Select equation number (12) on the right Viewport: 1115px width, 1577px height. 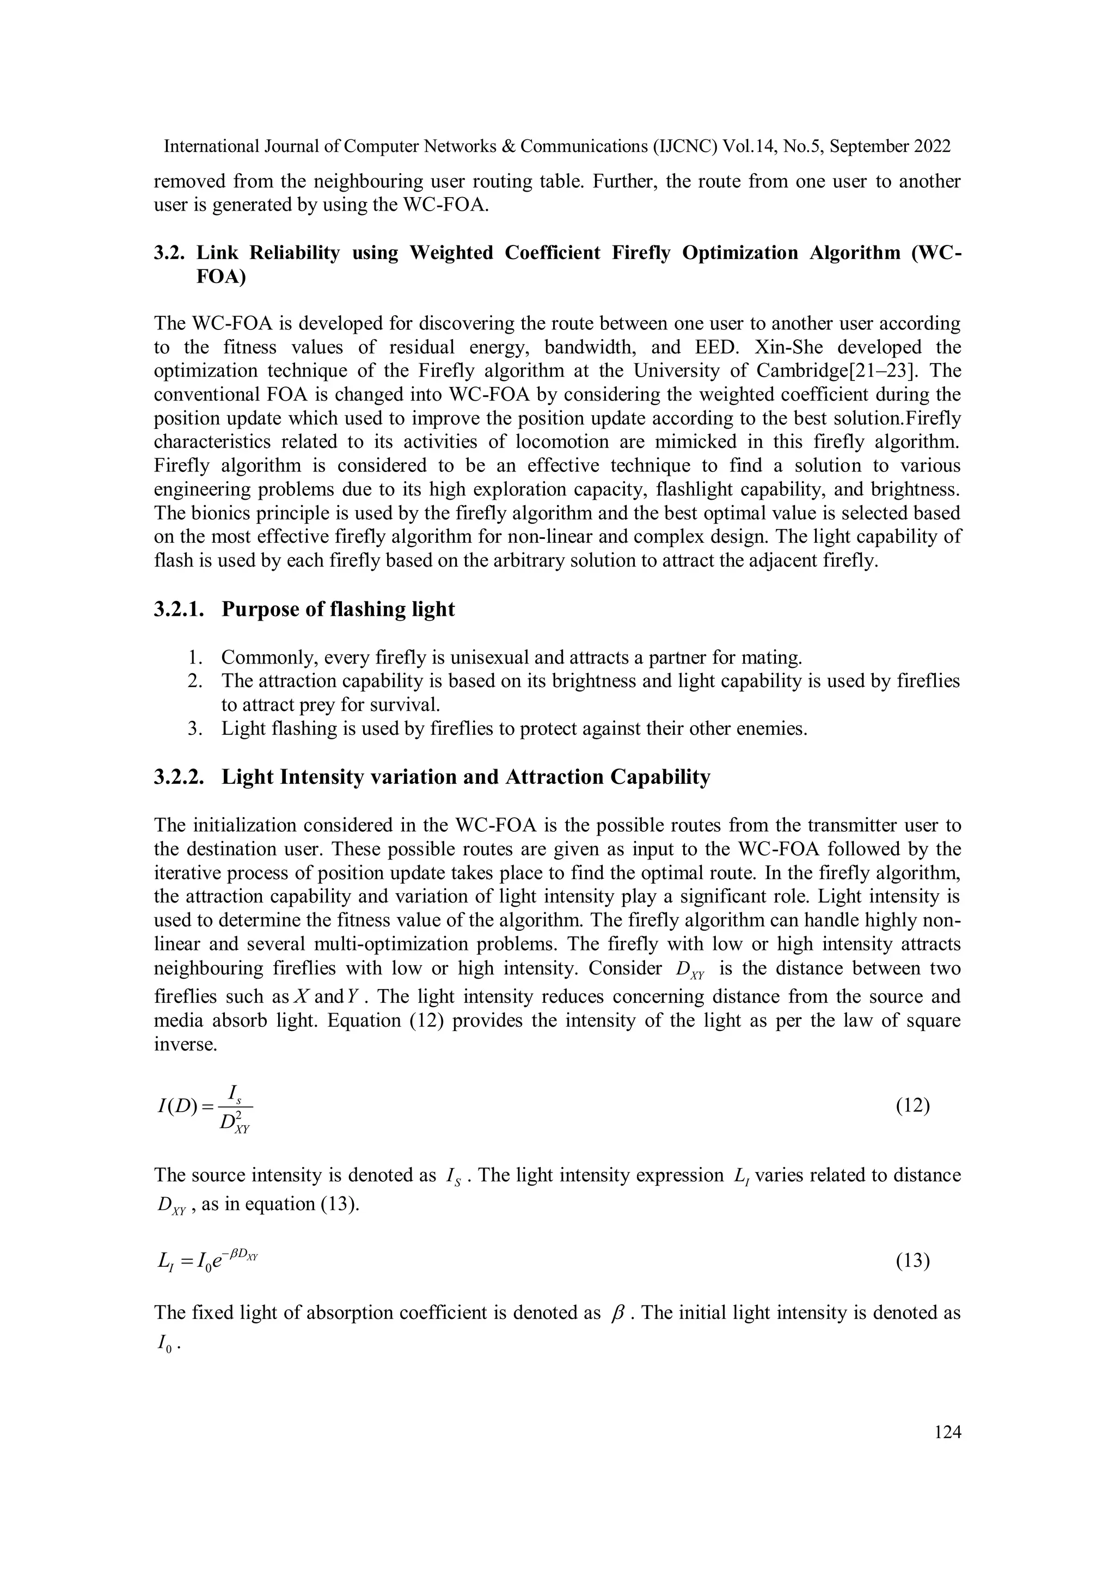click(x=913, y=1106)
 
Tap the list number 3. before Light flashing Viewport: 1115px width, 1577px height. click(x=194, y=728)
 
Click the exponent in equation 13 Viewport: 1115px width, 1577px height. click(x=243, y=1254)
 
